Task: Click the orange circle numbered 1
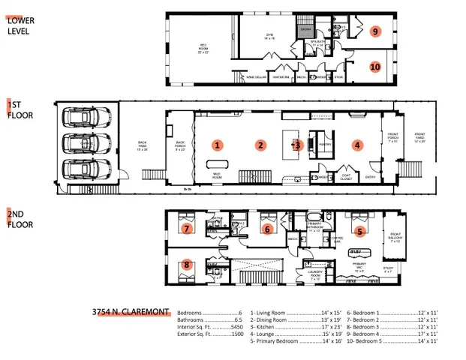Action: tap(218, 144)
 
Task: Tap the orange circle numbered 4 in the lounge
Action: tap(358, 145)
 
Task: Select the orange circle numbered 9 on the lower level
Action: tap(375, 31)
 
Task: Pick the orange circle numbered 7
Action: tap(188, 227)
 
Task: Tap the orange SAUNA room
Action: tap(306, 31)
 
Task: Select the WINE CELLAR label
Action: tap(256, 76)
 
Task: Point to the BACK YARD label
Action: tap(143, 145)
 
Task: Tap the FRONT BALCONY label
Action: tap(395, 238)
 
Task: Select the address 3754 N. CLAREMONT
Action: tap(131, 310)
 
